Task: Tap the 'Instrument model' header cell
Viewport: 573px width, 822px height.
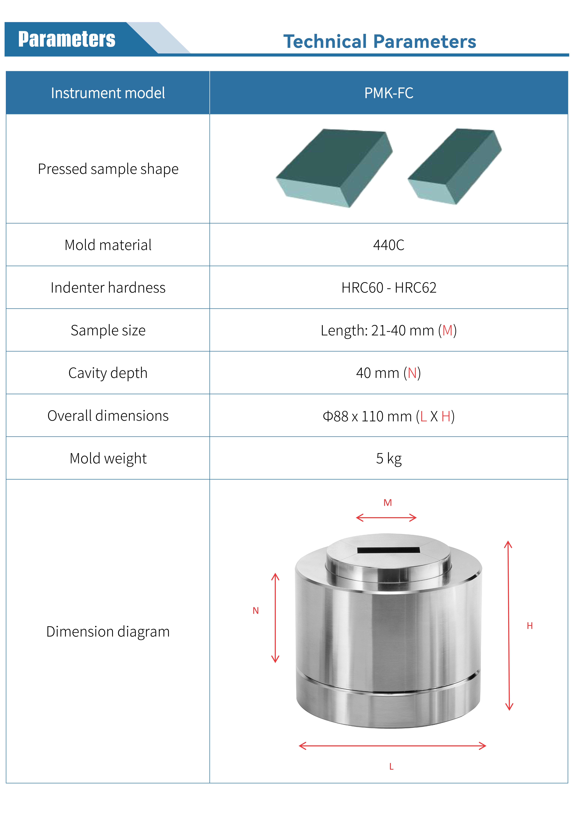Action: (x=108, y=93)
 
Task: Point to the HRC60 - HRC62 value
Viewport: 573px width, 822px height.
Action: (x=389, y=288)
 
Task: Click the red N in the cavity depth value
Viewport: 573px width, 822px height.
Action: (x=412, y=373)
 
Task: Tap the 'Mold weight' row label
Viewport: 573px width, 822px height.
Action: (x=108, y=458)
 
